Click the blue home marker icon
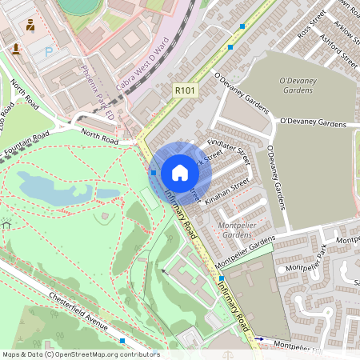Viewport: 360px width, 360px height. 180,172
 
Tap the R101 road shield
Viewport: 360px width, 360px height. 185,91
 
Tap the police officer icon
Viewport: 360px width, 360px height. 30,25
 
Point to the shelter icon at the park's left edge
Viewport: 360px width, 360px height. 6,225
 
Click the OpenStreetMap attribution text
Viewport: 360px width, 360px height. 81,354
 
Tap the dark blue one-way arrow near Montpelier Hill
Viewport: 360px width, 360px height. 258,339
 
